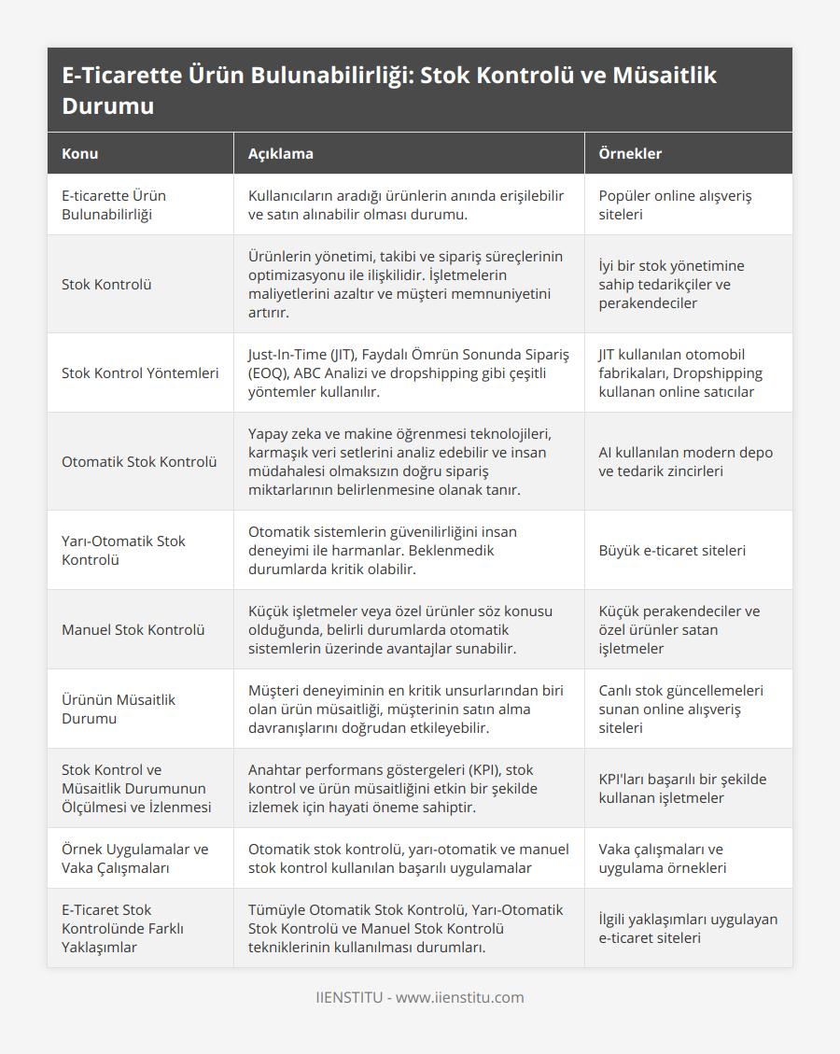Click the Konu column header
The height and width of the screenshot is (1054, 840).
(x=80, y=153)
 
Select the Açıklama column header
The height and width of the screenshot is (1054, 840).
(x=280, y=153)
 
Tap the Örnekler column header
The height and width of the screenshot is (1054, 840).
(x=630, y=153)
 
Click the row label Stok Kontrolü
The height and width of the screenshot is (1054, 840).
(x=106, y=284)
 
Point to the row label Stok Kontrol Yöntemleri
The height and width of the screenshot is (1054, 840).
(x=140, y=372)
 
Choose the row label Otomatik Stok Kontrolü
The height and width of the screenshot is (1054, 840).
(x=139, y=461)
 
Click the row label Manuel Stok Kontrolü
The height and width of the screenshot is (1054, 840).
(x=133, y=629)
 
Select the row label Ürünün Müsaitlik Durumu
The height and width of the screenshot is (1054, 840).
(x=119, y=709)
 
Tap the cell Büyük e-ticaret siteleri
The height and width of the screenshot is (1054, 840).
(x=672, y=550)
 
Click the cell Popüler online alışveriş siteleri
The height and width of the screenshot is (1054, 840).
(x=675, y=204)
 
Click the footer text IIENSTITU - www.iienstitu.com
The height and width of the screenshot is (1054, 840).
(x=420, y=997)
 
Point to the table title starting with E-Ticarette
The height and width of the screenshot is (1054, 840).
(x=389, y=90)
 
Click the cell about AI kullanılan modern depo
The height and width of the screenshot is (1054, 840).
(x=686, y=461)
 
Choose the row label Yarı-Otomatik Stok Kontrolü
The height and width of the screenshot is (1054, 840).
(x=123, y=550)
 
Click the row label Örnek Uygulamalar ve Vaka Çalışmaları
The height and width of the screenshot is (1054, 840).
(x=135, y=858)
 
